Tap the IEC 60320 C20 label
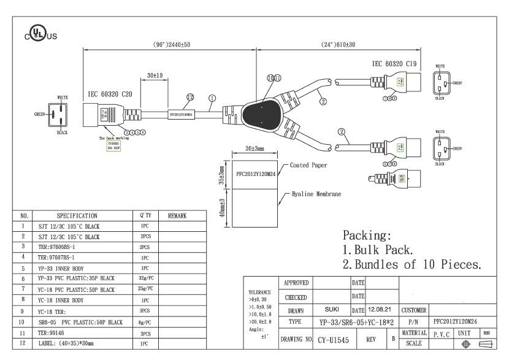pyautogui.click(x=110, y=94)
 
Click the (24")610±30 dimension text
pyautogui.click(x=339, y=45)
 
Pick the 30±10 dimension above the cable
pyautogui.click(x=155, y=75)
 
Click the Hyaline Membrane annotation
pyautogui.click(x=316, y=194)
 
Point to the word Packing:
pyautogui.click(x=367, y=236)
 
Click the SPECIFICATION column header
pyautogui.click(x=77, y=216)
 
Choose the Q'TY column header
pyautogui.click(x=145, y=216)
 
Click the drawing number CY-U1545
pyautogui.click(x=334, y=339)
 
